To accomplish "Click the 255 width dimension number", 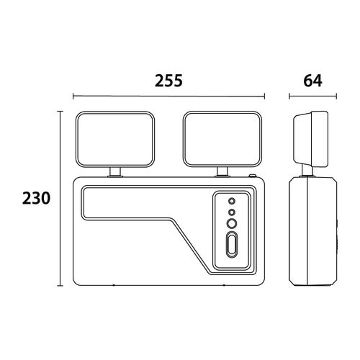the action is pos(168,81).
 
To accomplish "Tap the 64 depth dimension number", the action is pos(312,81).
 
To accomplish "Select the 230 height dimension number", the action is pos(36,198).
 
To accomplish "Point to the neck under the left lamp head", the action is pos(115,172).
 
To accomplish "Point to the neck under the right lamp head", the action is pos(222,172).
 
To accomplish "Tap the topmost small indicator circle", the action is pos(232,201).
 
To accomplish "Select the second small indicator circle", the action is pos(232,212).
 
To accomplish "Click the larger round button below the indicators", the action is pos(232,224).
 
